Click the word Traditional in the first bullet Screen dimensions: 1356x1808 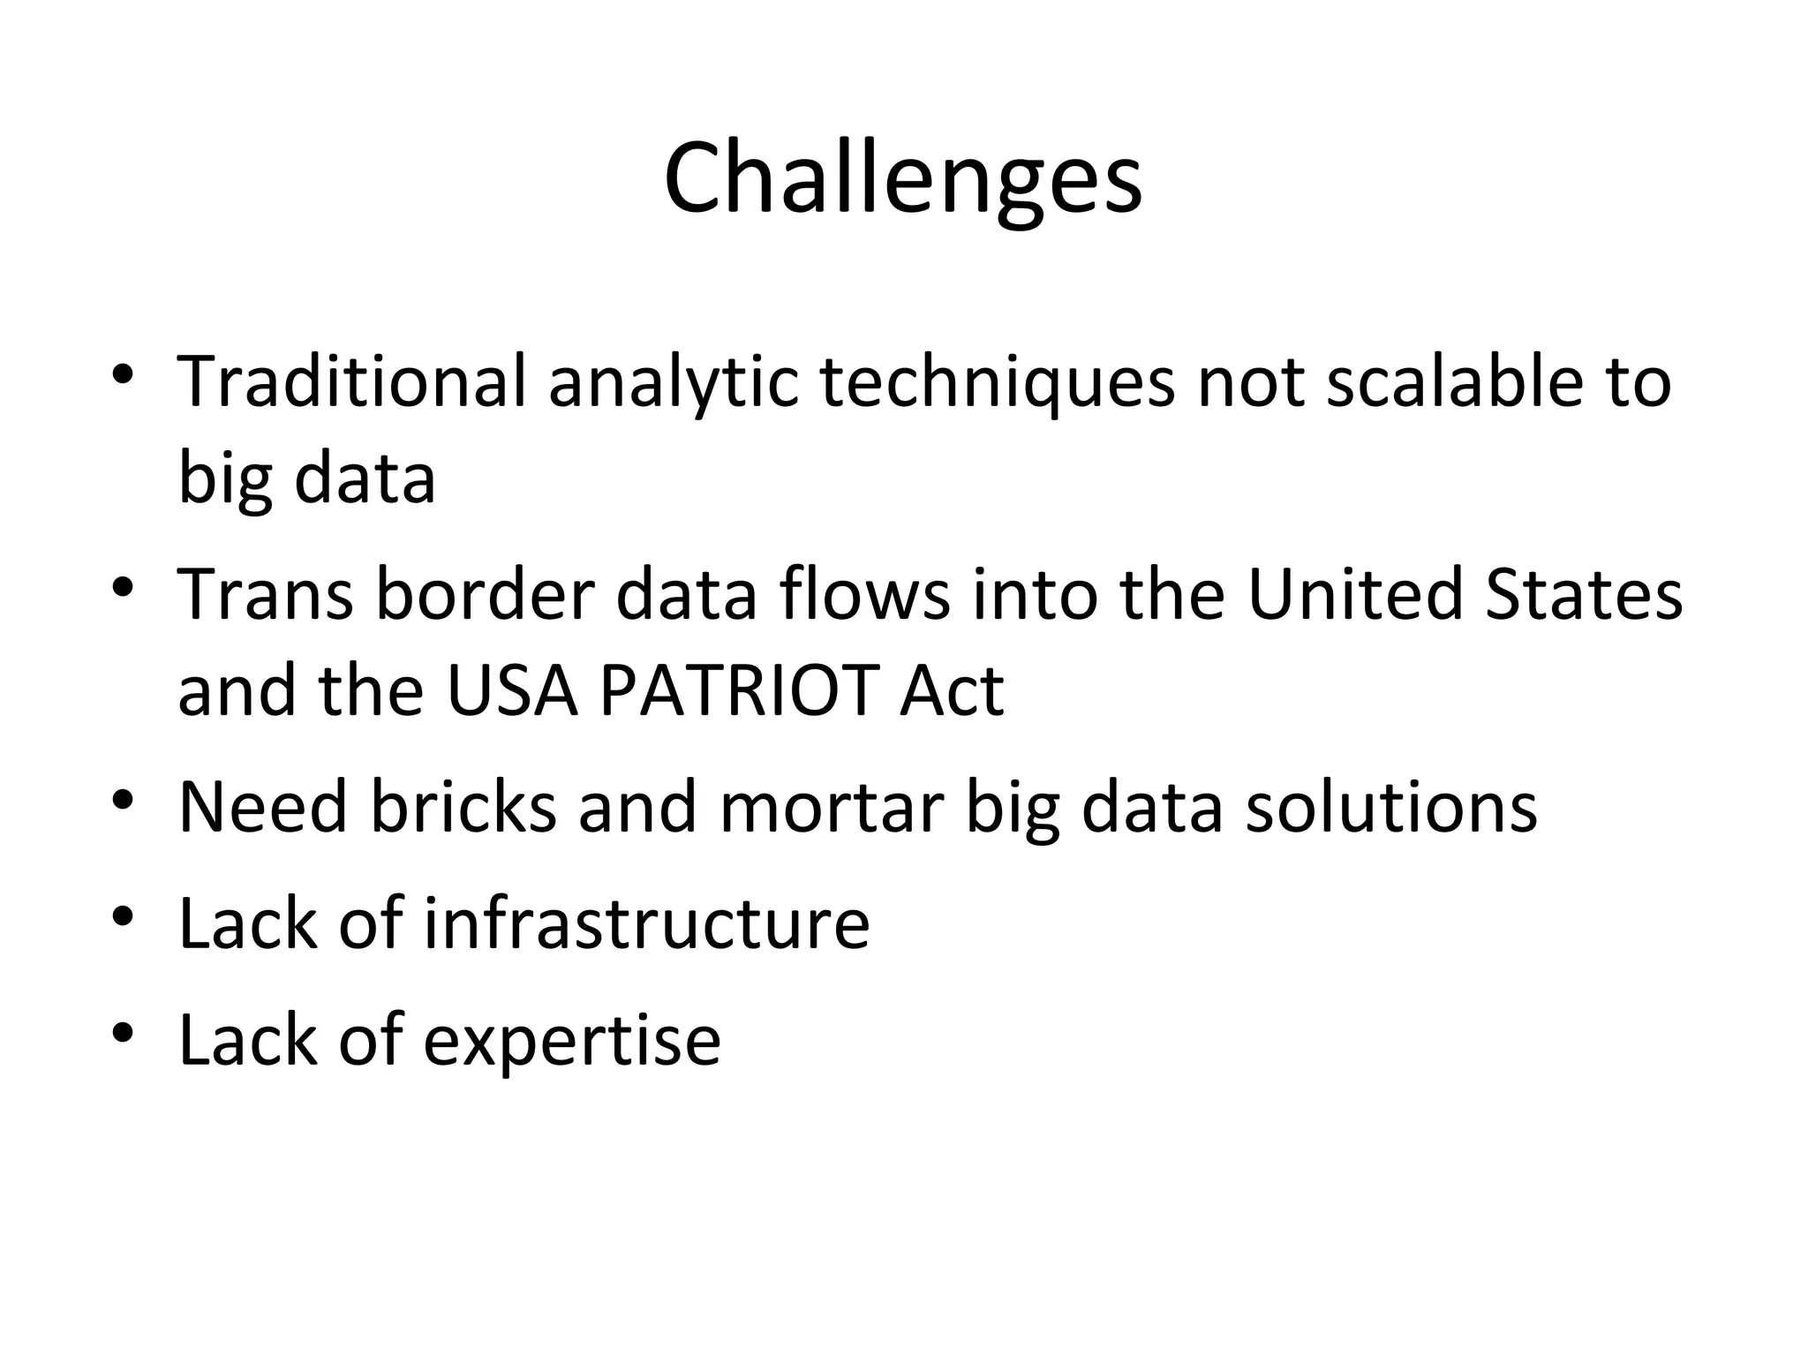pos(351,382)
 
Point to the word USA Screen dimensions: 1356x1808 pos(512,690)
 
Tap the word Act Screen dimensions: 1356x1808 pos(952,690)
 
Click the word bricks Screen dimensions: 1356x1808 pos(463,807)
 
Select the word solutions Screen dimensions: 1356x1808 pos(1391,807)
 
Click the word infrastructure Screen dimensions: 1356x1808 pos(646,923)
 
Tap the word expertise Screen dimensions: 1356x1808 pos(572,1040)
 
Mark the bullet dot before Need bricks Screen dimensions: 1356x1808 pos(123,800)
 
